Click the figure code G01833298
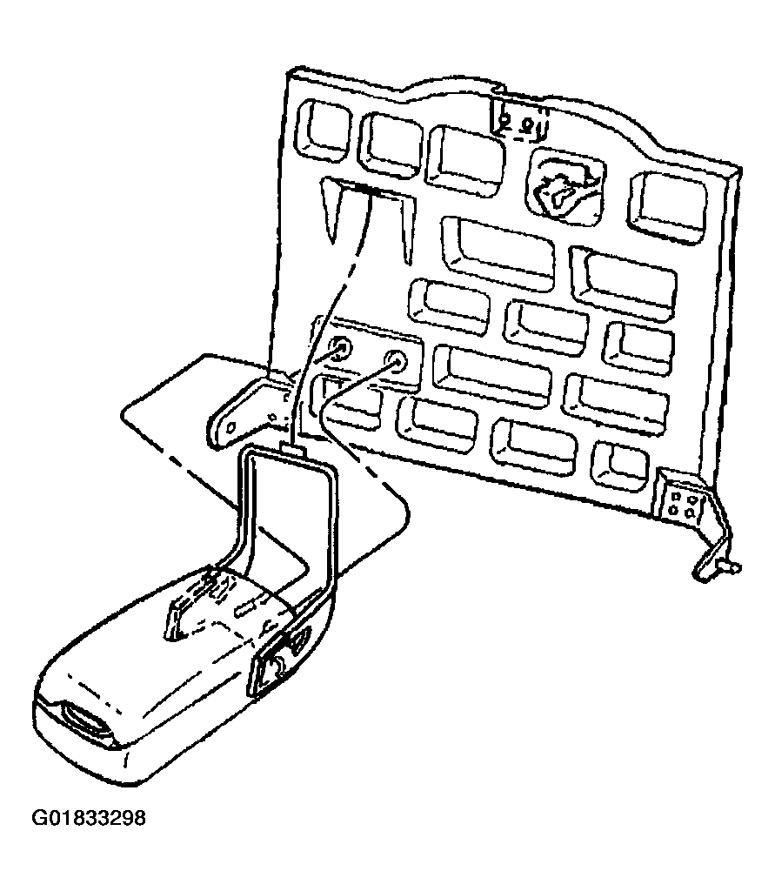point(88,818)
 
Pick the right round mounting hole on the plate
point(396,360)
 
